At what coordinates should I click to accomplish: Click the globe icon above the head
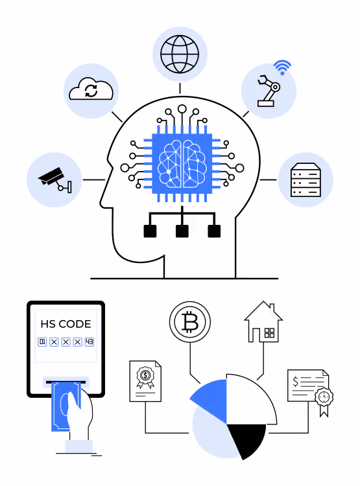pos(180,54)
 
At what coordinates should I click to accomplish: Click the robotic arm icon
pos(269,91)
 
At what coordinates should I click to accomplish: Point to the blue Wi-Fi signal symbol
pos(282,67)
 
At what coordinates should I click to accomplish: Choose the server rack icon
pos(306,179)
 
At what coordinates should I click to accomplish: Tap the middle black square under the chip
pos(182,231)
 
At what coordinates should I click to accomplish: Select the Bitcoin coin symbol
pos(190,322)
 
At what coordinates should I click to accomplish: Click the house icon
pos(263,322)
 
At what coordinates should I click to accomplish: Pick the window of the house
pos(269,333)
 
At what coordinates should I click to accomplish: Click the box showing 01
pos(42,342)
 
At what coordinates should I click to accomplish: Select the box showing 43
pos(90,342)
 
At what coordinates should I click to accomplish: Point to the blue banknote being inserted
pos(63,406)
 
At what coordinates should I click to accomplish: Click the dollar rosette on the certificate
pos(145,376)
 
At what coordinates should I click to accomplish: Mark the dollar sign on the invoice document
pos(295,381)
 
